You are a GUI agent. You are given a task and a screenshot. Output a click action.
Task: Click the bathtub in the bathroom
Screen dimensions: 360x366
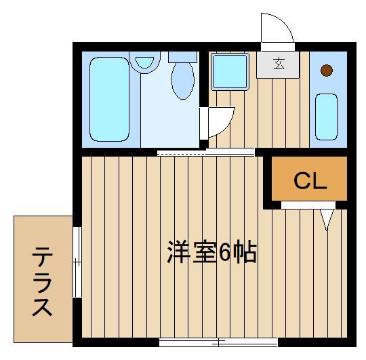click(109, 99)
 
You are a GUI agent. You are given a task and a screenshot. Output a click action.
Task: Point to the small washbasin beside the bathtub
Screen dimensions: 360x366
click(144, 62)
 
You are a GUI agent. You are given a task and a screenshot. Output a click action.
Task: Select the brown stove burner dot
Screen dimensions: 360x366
click(327, 69)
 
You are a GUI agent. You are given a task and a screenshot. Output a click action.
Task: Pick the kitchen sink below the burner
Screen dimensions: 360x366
click(327, 116)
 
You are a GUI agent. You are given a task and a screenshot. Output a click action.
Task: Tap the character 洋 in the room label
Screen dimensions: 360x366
click(178, 253)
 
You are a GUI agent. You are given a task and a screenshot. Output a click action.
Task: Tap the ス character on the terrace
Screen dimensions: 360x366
click(42, 306)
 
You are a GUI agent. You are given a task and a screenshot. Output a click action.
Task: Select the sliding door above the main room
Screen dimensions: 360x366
click(206, 153)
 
